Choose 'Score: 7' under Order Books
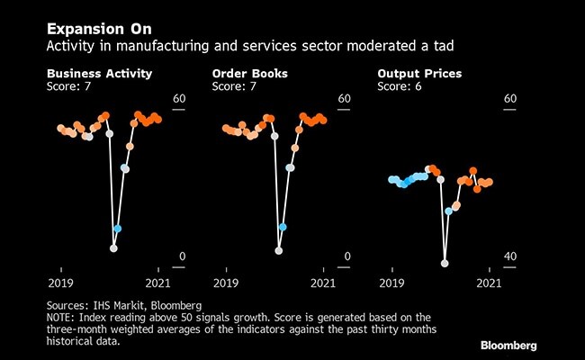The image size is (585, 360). (236, 87)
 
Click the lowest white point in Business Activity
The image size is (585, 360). (114, 248)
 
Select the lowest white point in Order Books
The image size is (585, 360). (279, 250)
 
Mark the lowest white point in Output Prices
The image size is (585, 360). (445, 264)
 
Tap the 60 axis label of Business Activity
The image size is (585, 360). (179, 99)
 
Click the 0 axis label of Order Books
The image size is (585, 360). (347, 257)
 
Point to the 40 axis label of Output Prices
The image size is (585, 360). (510, 257)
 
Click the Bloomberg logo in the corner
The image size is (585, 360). (508, 345)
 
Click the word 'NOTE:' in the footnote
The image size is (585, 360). (66, 318)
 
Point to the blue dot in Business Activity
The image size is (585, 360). (117, 229)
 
